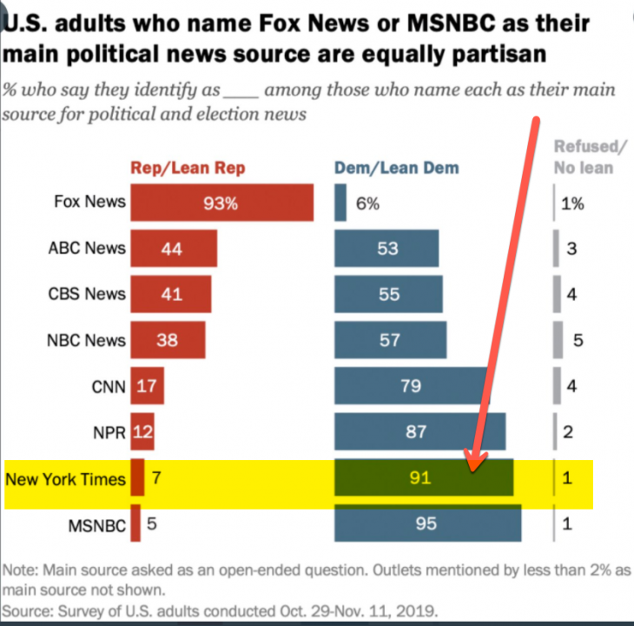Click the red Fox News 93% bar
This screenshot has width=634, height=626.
[221, 203]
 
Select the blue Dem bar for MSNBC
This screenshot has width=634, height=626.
[427, 524]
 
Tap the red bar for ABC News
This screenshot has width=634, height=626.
[173, 249]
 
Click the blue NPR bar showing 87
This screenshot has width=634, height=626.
[417, 432]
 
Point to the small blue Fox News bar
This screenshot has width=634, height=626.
[340, 203]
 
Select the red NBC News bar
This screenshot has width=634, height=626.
[168, 340]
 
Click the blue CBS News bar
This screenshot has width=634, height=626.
[388, 295]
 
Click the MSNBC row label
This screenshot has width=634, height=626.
[96, 525]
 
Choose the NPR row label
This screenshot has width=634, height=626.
[109, 432]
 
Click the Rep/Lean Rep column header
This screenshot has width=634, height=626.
[188, 168]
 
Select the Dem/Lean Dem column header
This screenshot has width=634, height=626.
[397, 168]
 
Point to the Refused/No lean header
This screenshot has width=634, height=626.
[590, 156]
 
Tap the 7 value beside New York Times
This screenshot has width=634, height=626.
[156, 479]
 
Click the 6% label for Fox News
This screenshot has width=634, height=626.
[367, 203]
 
